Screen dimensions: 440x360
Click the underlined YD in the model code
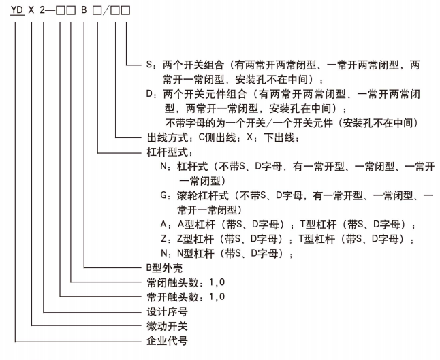tap(17, 10)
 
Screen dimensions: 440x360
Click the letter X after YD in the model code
tap(31, 10)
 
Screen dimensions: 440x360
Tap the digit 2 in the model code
tap(42, 10)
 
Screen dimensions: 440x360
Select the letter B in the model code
tap(84, 10)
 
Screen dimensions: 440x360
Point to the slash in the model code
tap(106, 10)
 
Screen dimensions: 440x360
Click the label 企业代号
tap(167, 341)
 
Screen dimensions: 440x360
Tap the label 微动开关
tap(167, 326)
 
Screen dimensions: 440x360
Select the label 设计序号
tap(167, 312)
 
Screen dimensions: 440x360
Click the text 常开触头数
tap(172, 297)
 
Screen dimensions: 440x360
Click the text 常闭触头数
tap(172, 282)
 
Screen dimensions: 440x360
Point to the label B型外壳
tap(164, 267)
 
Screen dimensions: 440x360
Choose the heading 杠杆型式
tap(167, 152)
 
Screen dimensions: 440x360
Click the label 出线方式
tap(167, 137)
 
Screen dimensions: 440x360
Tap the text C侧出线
tap(217, 137)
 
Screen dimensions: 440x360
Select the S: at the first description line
tap(153, 65)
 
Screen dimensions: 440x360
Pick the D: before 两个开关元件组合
tap(153, 94)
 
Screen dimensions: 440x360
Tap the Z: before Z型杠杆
tap(166, 239)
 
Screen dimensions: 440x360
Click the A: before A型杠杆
tap(166, 224)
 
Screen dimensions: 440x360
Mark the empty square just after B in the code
tap(97, 11)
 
